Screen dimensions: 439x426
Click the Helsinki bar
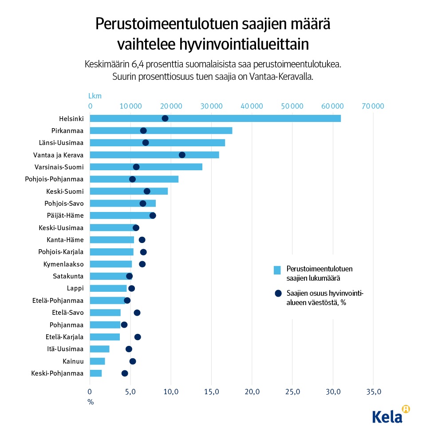(x=215, y=118)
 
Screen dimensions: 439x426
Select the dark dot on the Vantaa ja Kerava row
(x=182, y=155)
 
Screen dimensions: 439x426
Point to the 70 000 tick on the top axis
(x=372, y=106)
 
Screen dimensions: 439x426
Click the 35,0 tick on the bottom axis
(x=373, y=392)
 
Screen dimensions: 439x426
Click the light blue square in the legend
(x=277, y=270)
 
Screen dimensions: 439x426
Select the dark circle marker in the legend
(x=278, y=293)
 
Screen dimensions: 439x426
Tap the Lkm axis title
(x=95, y=96)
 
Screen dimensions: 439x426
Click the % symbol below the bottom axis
(x=91, y=402)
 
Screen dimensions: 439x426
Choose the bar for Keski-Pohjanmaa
(x=96, y=373)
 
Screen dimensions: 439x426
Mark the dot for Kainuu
(x=133, y=361)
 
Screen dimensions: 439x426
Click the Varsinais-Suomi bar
(x=146, y=167)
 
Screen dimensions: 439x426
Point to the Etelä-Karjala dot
(x=138, y=337)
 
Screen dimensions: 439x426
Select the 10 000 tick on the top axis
(x=130, y=106)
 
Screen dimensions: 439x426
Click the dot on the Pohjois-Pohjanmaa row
(x=132, y=179)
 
